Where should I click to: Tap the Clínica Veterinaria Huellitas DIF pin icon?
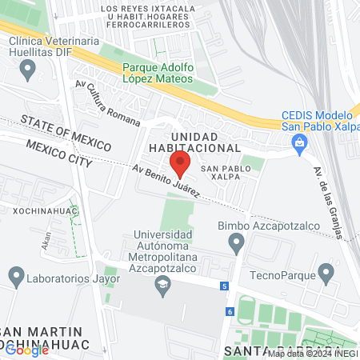coord(29,70)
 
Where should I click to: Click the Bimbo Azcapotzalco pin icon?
coord(238,246)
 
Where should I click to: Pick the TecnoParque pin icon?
coord(325,276)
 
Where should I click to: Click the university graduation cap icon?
coord(164,286)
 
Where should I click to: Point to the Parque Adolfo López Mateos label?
coord(158,74)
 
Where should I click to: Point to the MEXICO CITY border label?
coord(59,152)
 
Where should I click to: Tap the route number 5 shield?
coord(226,286)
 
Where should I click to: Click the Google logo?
coord(26,350)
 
